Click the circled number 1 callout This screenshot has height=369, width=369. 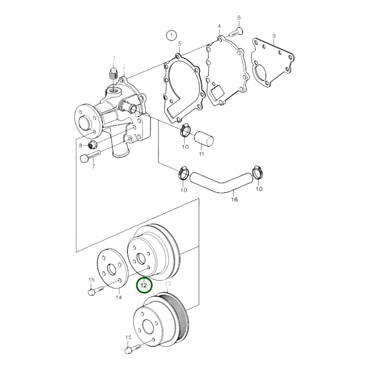point(171,35)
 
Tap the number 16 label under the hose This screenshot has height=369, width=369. point(234,199)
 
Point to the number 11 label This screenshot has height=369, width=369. point(202,154)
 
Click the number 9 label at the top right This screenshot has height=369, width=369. point(274,35)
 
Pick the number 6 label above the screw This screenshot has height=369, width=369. point(239,18)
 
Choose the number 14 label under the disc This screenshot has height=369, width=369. point(118,297)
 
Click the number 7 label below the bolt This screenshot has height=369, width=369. point(93,167)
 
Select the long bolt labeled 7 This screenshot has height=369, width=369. point(91,156)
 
